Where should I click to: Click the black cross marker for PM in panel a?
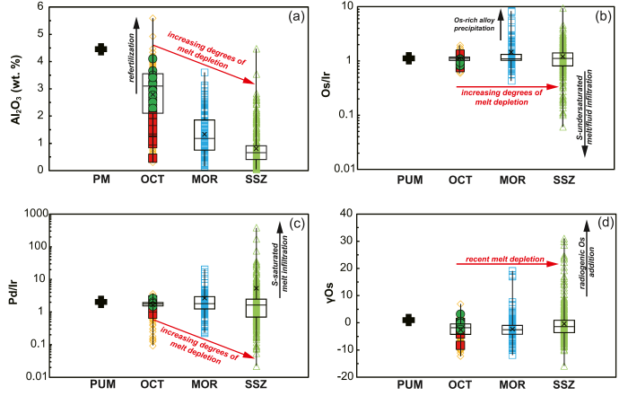point(101,49)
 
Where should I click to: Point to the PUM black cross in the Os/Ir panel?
point(409,58)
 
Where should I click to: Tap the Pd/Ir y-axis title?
point(16,293)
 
